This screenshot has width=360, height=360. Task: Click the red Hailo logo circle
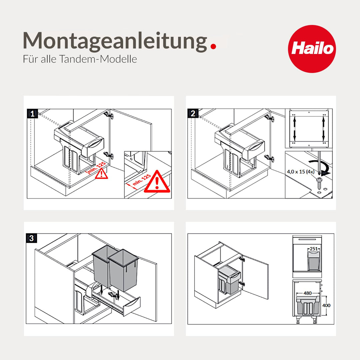[312, 49]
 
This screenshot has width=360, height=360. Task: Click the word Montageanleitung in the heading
[115, 41]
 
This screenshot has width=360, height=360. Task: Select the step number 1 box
[32, 114]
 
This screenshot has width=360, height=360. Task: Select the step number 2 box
[193, 114]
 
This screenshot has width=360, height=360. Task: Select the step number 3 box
[31, 238]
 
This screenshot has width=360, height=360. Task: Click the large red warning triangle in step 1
[157, 182]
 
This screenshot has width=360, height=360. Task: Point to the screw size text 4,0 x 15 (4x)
[300, 172]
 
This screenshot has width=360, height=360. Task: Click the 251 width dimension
[314, 249]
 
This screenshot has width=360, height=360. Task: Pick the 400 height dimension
[327, 305]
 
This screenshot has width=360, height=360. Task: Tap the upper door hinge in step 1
[109, 115]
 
